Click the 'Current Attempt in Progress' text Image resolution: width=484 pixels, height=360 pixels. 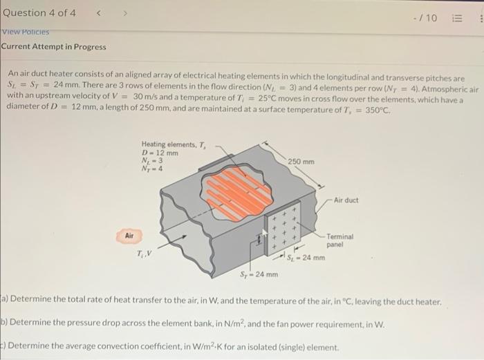[x=53, y=47]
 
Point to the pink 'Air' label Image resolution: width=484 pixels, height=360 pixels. [x=129, y=236]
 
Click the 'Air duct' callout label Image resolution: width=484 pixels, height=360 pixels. [x=346, y=200]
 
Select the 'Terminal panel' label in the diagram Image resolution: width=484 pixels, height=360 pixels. [x=339, y=240]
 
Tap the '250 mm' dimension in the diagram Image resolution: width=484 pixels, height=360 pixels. [x=302, y=162]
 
